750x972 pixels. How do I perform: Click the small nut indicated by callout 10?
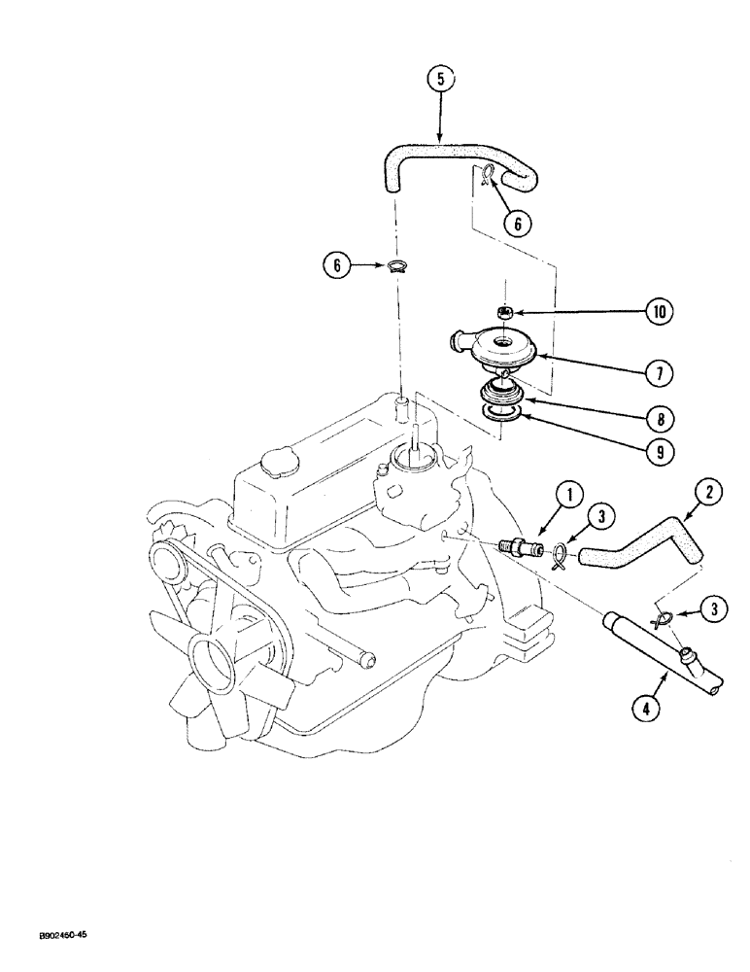tap(504, 312)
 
